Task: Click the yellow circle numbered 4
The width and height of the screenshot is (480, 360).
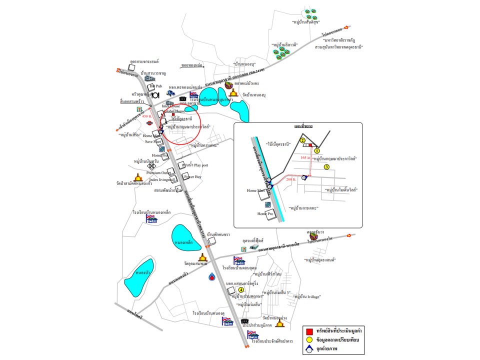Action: (x=241, y=290)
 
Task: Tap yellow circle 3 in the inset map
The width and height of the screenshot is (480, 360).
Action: (x=326, y=167)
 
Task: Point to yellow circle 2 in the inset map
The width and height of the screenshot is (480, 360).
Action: (x=303, y=141)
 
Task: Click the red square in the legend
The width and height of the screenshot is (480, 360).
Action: (x=309, y=331)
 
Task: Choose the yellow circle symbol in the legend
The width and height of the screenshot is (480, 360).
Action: (x=309, y=340)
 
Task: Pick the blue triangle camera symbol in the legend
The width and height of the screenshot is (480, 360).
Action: (x=309, y=349)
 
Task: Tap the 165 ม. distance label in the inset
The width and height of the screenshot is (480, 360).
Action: (x=306, y=158)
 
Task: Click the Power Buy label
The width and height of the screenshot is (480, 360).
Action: (x=192, y=177)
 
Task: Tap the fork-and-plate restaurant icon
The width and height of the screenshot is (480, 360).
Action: (x=155, y=94)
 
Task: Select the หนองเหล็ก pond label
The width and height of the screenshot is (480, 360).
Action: (x=184, y=242)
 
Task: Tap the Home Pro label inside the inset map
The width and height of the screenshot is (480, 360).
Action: (x=266, y=213)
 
